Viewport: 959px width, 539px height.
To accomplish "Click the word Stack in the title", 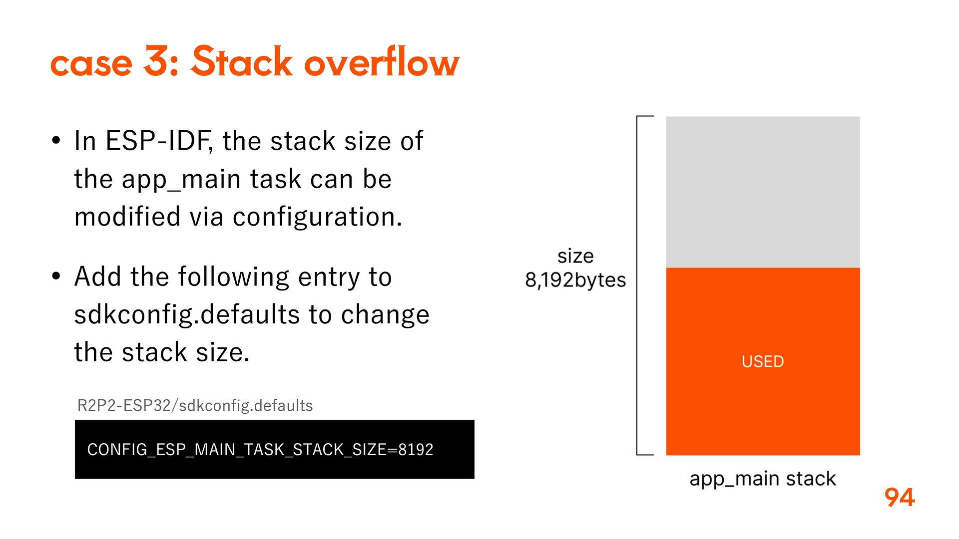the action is (x=241, y=62).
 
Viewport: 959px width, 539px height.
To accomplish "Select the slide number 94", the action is (x=899, y=498).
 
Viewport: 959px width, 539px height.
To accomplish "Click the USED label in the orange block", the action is (x=763, y=361).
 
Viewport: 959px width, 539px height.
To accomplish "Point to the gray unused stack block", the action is (x=763, y=192).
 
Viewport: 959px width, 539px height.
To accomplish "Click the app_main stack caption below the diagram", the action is (x=762, y=479).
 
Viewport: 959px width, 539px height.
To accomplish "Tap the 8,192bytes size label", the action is (x=575, y=280).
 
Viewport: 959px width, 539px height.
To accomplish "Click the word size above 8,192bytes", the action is (x=575, y=256).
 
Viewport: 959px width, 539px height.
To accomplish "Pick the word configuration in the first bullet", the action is (x=317, y=217).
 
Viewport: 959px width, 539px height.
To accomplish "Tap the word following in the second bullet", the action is (x=233, y=277).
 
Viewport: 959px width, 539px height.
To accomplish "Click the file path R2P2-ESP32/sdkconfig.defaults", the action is (x=195, y=405).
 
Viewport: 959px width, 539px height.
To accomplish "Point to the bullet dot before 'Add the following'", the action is (x=56, y=276).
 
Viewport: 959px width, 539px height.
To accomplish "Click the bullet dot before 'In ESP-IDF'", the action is (x=56, y=141).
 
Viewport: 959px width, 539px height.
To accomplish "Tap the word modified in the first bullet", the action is (x=127, y=217).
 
